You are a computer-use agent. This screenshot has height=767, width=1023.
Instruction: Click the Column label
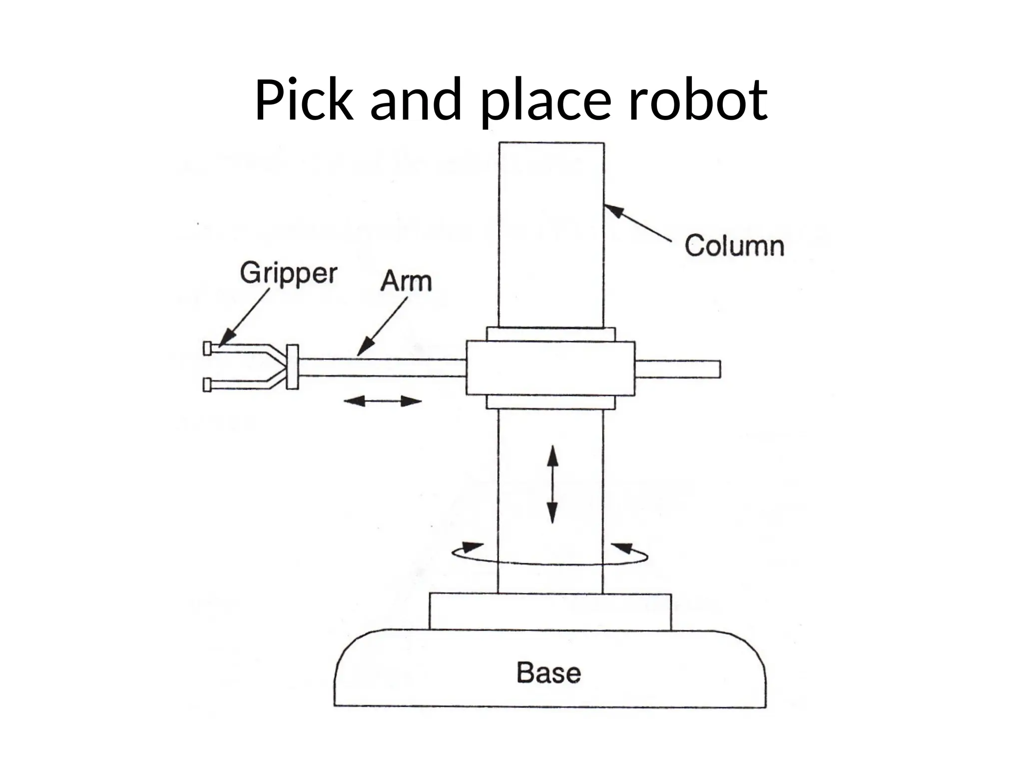click(734, 246)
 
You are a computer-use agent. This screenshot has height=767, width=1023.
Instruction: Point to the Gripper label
click(288, 274)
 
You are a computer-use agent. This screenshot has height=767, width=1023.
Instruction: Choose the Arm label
click(406, 281)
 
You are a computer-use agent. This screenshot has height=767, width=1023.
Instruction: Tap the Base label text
click(548, 673)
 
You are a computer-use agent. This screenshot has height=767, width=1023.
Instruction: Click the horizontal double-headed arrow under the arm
click(383, 400)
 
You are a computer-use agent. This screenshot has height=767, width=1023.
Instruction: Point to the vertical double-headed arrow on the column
click(552, 484)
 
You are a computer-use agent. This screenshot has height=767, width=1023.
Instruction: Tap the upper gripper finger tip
click(207, 348)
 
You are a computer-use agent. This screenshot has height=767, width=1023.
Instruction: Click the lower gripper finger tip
click(207, 384)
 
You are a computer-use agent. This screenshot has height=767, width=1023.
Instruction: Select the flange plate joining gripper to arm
click(292, 367)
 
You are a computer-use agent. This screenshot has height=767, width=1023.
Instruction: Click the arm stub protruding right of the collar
click(677, 369)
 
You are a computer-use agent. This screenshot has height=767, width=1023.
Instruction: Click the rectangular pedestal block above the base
click(550, 612)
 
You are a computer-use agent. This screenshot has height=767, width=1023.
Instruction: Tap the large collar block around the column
click(550, 368)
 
